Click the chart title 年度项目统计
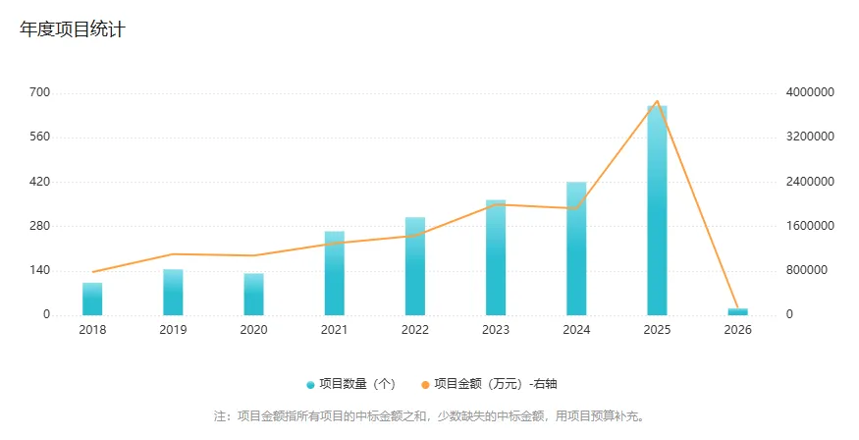click(x=73, y=29)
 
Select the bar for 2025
click(x=657, y=210)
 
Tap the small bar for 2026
click(x=737, y=311)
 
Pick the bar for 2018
click(x=92, y=299)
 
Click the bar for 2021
click(x=335, y=273)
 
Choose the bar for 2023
click(x=496, y=257)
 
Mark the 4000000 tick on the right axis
click(x=810, y=92)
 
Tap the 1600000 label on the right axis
click(x=810, y=226)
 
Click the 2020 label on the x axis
click(x=253, y=330)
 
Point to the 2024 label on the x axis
click(x=576, y=330)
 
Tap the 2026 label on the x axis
click(x=737, y=330)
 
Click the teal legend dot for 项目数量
click(x=311, y=384)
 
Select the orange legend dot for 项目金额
click(x=426, y=384)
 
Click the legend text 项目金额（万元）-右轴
click(x=502, y=384)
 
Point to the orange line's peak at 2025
click(x=657, y=101)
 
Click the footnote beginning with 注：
click(x=429, y=415)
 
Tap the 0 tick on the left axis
click(x=46, y=314)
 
